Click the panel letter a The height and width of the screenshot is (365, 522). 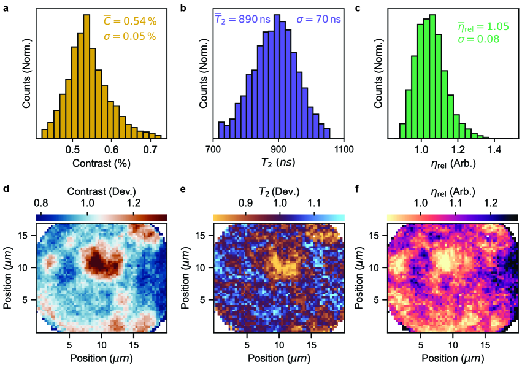6,8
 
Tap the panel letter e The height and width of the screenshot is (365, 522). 182,188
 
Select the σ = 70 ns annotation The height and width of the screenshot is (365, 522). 319,20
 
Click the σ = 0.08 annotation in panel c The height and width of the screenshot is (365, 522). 478,40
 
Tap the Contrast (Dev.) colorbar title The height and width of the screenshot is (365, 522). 101,189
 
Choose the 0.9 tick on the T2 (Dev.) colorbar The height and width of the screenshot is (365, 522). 245,202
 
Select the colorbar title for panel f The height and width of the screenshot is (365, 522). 453,189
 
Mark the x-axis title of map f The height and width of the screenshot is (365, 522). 453,356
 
